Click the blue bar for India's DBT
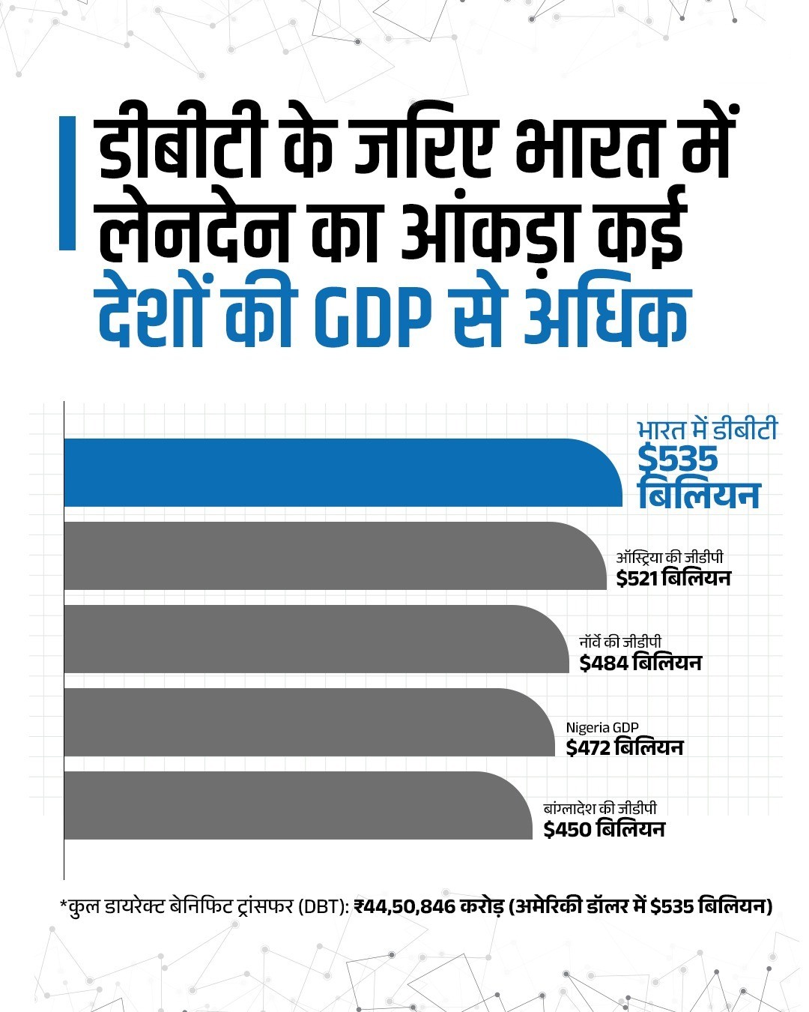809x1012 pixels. click(337, 472)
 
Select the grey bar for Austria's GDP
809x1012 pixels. click(330, 555)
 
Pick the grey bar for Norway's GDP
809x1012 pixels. click(315, 639)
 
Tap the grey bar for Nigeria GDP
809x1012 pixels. click(307, 722)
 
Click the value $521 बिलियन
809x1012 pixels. click(673, 579)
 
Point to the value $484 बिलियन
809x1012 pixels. click(640, 663)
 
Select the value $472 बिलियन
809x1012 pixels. click(624, 748)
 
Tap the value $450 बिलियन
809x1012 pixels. click(604, 830)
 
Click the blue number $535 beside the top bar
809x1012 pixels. click(677, 460)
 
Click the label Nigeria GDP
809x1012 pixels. click(602, 728)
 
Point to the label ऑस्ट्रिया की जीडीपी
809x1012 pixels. click(669, 558)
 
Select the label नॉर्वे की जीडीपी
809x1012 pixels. click(621, 642)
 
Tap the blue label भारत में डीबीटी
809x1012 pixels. click(707, 431)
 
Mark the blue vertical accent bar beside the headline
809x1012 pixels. click(68, 182)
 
